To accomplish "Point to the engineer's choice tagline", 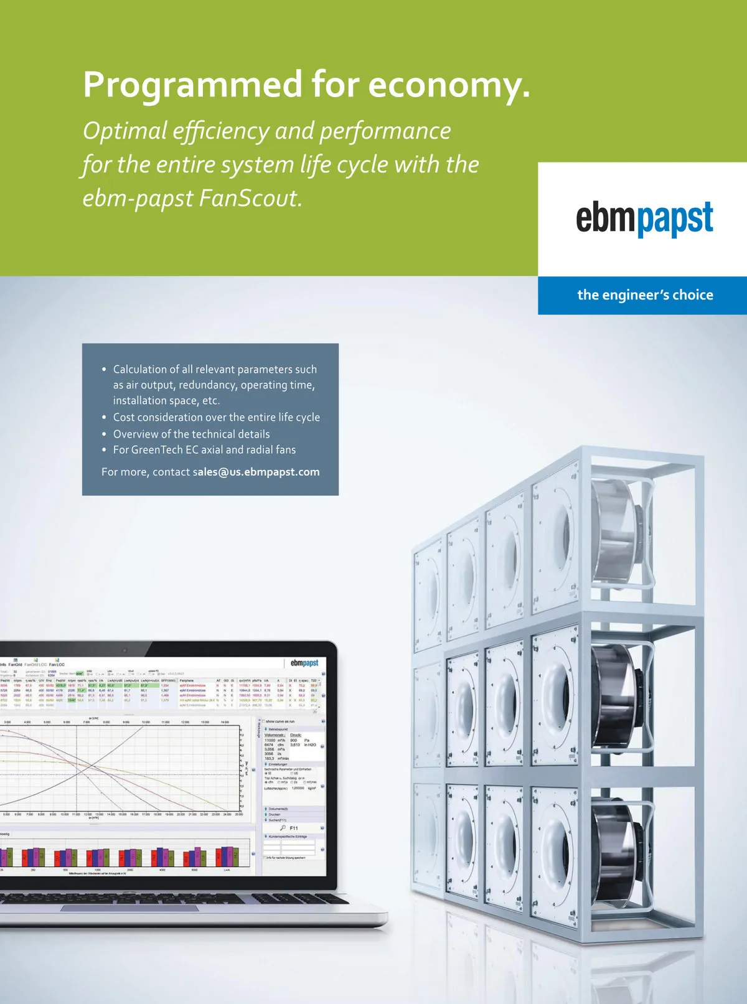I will tap(645, 295).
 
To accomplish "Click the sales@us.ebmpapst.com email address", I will tap(256, 472).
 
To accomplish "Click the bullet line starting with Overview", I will tap(191, 434).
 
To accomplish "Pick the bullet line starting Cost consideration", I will tap(216, 417).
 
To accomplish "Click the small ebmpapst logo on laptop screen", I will tap(304, 663).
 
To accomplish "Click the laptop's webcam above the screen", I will tap(125, 650).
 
